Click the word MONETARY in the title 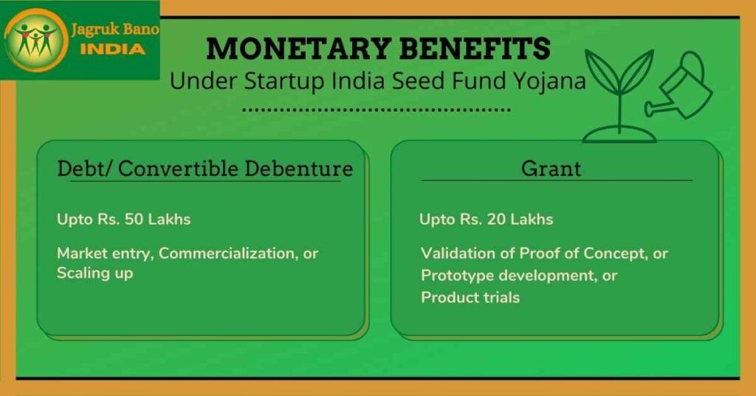pyautogui.click(x=298, y=48)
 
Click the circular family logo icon pyautogui.click(x=36, y=40)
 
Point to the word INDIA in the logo pyautogui.click(x=113, y=49)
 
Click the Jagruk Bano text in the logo pyautogui.click(x=114, y=30)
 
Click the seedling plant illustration pyautogui.click(x=619, y=97)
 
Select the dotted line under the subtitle pyautogui.click(x=376, y=110)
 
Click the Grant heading pyautogui.click(x=551, y=168)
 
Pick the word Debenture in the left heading pyautogui.click(x=299, y=168)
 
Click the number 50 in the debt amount pyautogui.click(x=134, y=219)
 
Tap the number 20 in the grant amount pyautogui.click(x=496, y=219)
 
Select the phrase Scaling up pyautogui.click(x=95, y=273)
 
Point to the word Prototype pyautogui.click(x=457, y=276)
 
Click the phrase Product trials pyautogui.click(x=470, y=297)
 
